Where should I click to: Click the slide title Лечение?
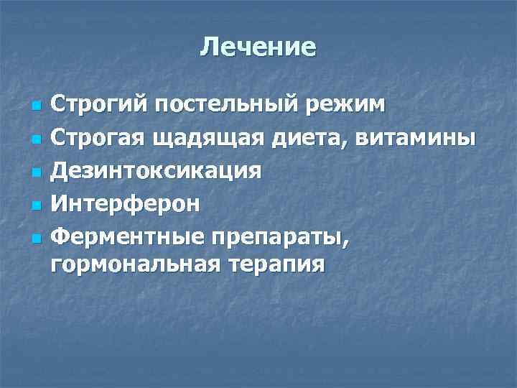(x=258, y=47)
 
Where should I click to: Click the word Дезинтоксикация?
(x=157, y=171)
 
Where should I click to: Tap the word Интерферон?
(x=126, y=203)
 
